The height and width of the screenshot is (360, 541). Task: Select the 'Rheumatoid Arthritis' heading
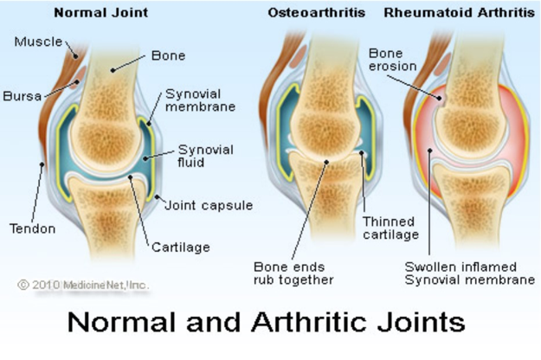(460, 13)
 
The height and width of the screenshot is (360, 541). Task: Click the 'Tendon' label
(32, 228)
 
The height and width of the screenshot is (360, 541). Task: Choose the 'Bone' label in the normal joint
(169, 56)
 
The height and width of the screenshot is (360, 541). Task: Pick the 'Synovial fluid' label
(206, 157)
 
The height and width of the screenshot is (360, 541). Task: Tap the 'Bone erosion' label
(392, 59)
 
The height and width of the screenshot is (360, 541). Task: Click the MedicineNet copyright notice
(83, 283)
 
